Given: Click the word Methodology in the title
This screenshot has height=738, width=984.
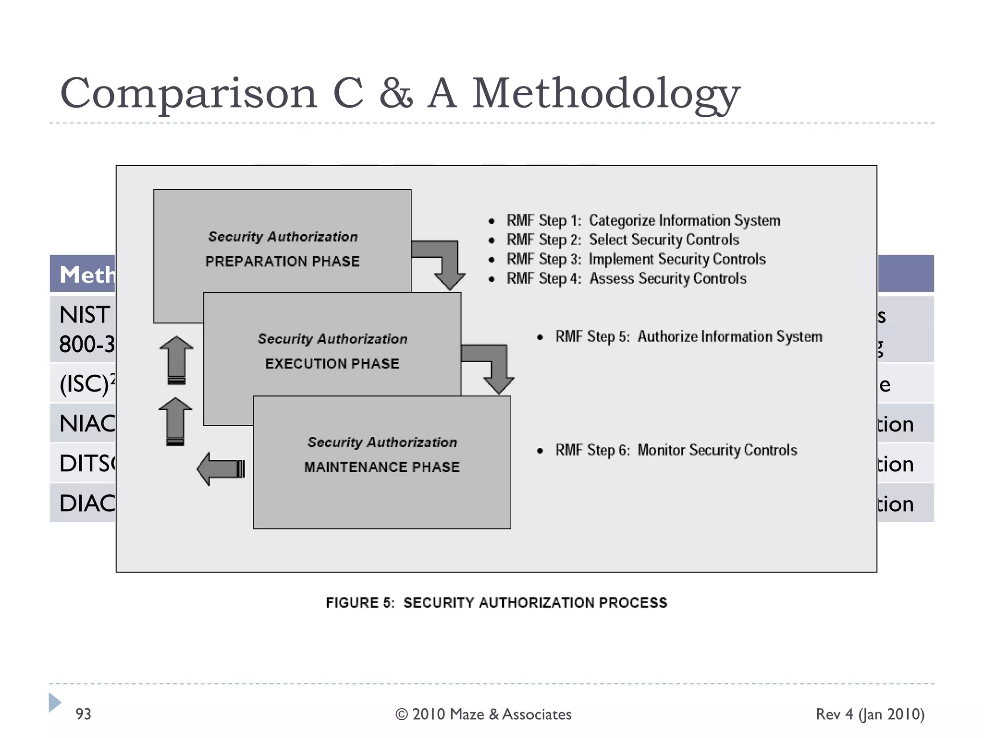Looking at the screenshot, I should click(x=606, y=94).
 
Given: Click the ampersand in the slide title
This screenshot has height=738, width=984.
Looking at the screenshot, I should click(x=395, y=94).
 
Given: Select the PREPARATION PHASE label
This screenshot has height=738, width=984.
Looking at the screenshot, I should click(x=283, y=261).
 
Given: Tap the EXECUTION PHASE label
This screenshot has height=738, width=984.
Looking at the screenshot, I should click(x=332, y=364).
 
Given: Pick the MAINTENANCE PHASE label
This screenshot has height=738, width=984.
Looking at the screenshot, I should click(x=382, y=467).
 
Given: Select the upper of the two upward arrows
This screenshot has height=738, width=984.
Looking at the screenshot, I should click(x=176, y=360).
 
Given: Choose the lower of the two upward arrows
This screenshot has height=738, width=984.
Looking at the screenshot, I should click(x=175, y=421).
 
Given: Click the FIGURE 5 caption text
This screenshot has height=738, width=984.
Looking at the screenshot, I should click(x=496, y=603).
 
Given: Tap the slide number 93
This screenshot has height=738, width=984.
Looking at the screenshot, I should click(x=83, y=714).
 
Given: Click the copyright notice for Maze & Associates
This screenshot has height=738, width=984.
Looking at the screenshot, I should click(x=483, y=714).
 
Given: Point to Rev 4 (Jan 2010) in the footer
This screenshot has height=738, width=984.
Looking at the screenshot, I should click(x=870, y=714).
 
